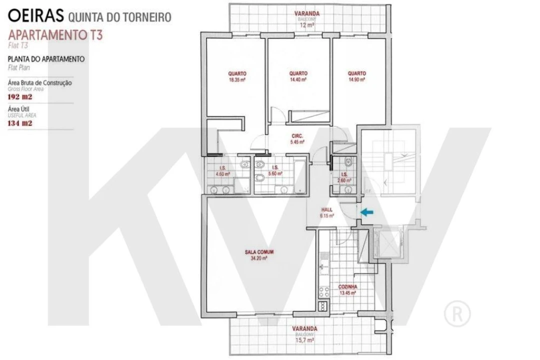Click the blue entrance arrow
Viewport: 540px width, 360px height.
click(367, 212)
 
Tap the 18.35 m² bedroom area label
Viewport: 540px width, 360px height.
click(237, 79)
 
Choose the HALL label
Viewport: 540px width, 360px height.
click(327, 210)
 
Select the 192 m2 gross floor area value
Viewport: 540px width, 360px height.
click(21, 97)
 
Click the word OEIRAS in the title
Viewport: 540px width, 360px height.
click(36, 16)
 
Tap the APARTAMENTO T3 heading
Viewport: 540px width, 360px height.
click(56, 35)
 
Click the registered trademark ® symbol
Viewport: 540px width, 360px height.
click(457, 313)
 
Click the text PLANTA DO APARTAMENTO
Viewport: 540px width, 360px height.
click(46, 59)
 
